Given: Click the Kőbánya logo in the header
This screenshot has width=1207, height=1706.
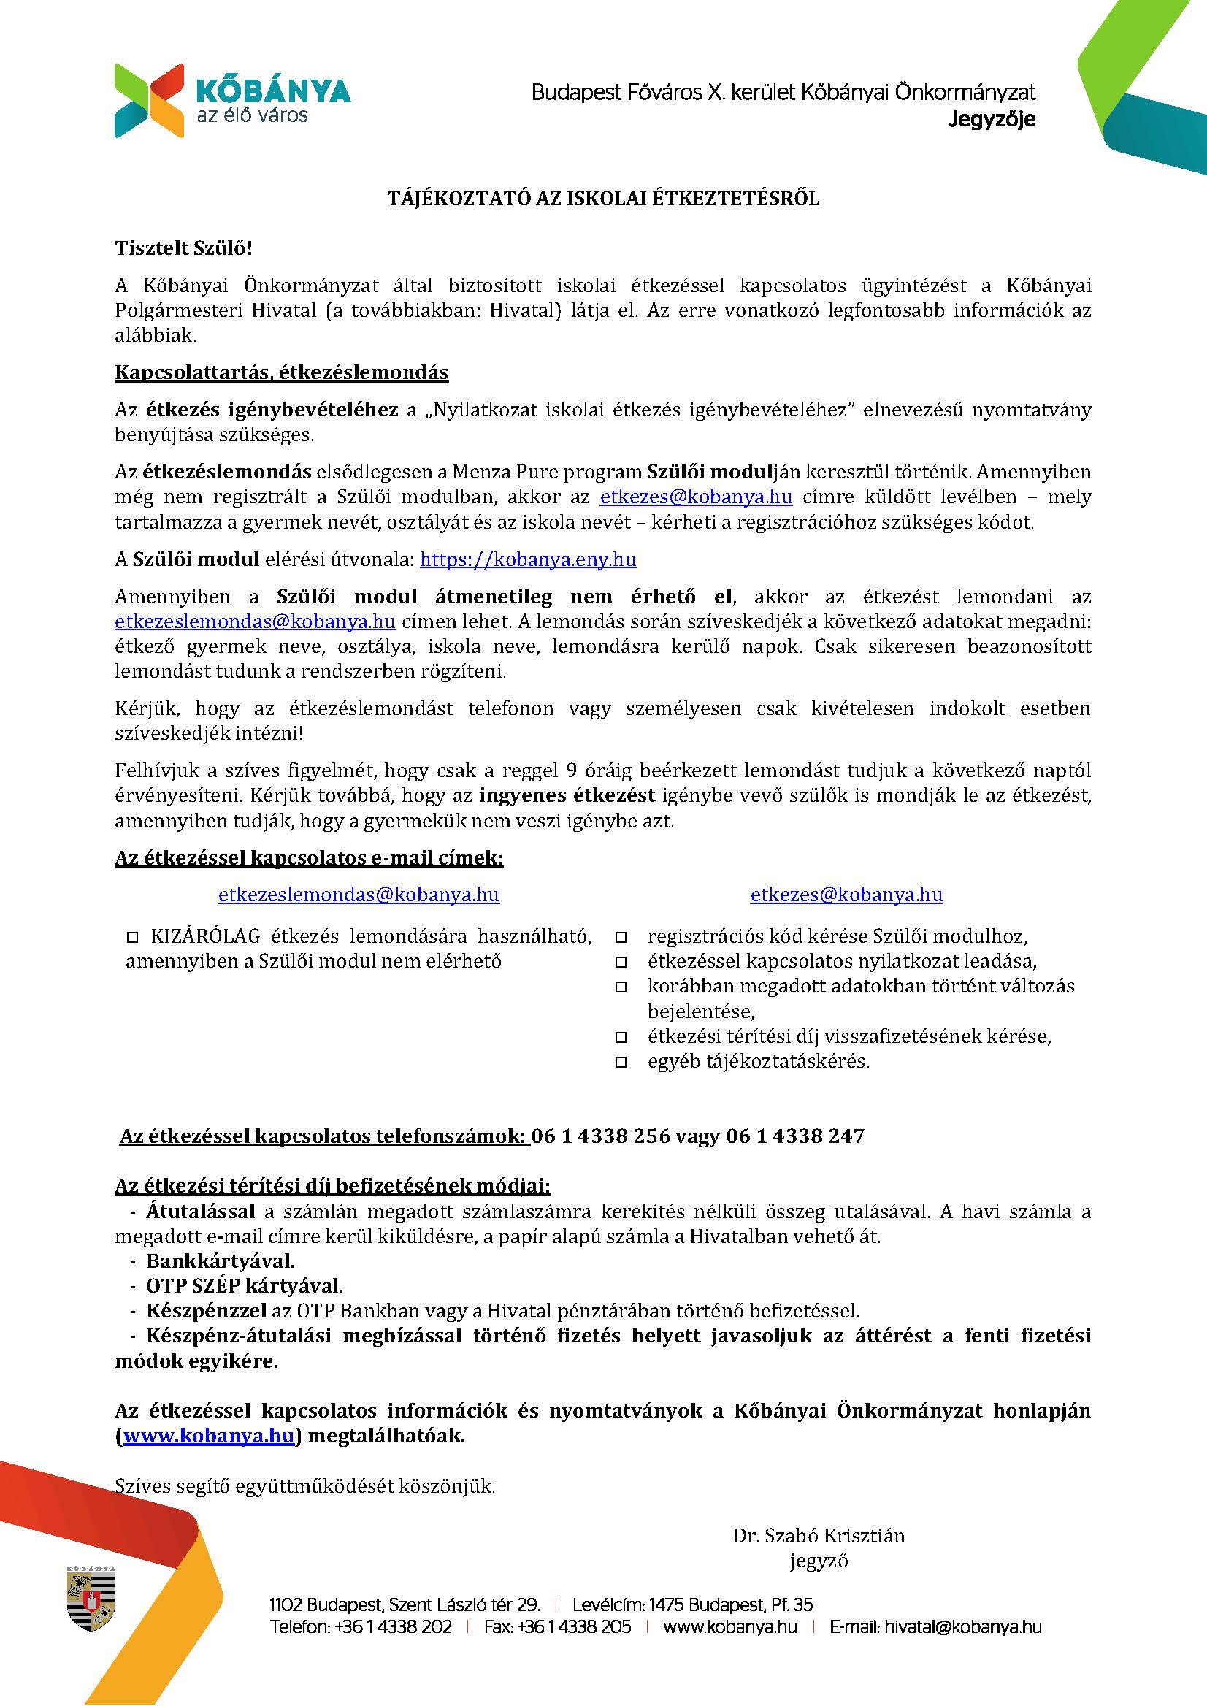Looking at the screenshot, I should [232, 99].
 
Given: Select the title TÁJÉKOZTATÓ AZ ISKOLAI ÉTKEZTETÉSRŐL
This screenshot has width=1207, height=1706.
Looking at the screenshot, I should [602, 198].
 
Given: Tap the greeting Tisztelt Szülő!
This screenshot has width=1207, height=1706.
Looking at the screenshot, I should [183, 248].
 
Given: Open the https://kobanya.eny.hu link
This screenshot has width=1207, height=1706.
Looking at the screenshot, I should [528, 559].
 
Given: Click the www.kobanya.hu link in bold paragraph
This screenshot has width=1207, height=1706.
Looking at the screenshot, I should [209, 1435].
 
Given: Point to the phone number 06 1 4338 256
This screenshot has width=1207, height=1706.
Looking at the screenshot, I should [600, 1136].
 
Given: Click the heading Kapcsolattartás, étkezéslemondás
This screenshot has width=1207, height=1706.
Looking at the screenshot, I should [281, 372].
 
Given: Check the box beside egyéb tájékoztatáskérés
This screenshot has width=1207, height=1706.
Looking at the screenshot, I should [621, 1063].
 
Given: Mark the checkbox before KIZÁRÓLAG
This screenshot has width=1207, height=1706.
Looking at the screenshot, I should [134, 937].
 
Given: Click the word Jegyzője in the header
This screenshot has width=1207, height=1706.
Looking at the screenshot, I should [992, 119].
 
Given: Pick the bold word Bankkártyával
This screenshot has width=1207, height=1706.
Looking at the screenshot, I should [220, 1261].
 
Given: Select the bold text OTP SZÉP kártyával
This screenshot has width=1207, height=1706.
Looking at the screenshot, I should [244, 1285].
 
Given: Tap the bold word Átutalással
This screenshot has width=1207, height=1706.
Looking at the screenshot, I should [201, 1211].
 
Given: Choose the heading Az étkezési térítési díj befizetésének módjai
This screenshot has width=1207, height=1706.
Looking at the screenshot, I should [332, 1185].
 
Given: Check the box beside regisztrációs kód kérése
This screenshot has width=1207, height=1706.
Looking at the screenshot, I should [621, 937].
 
